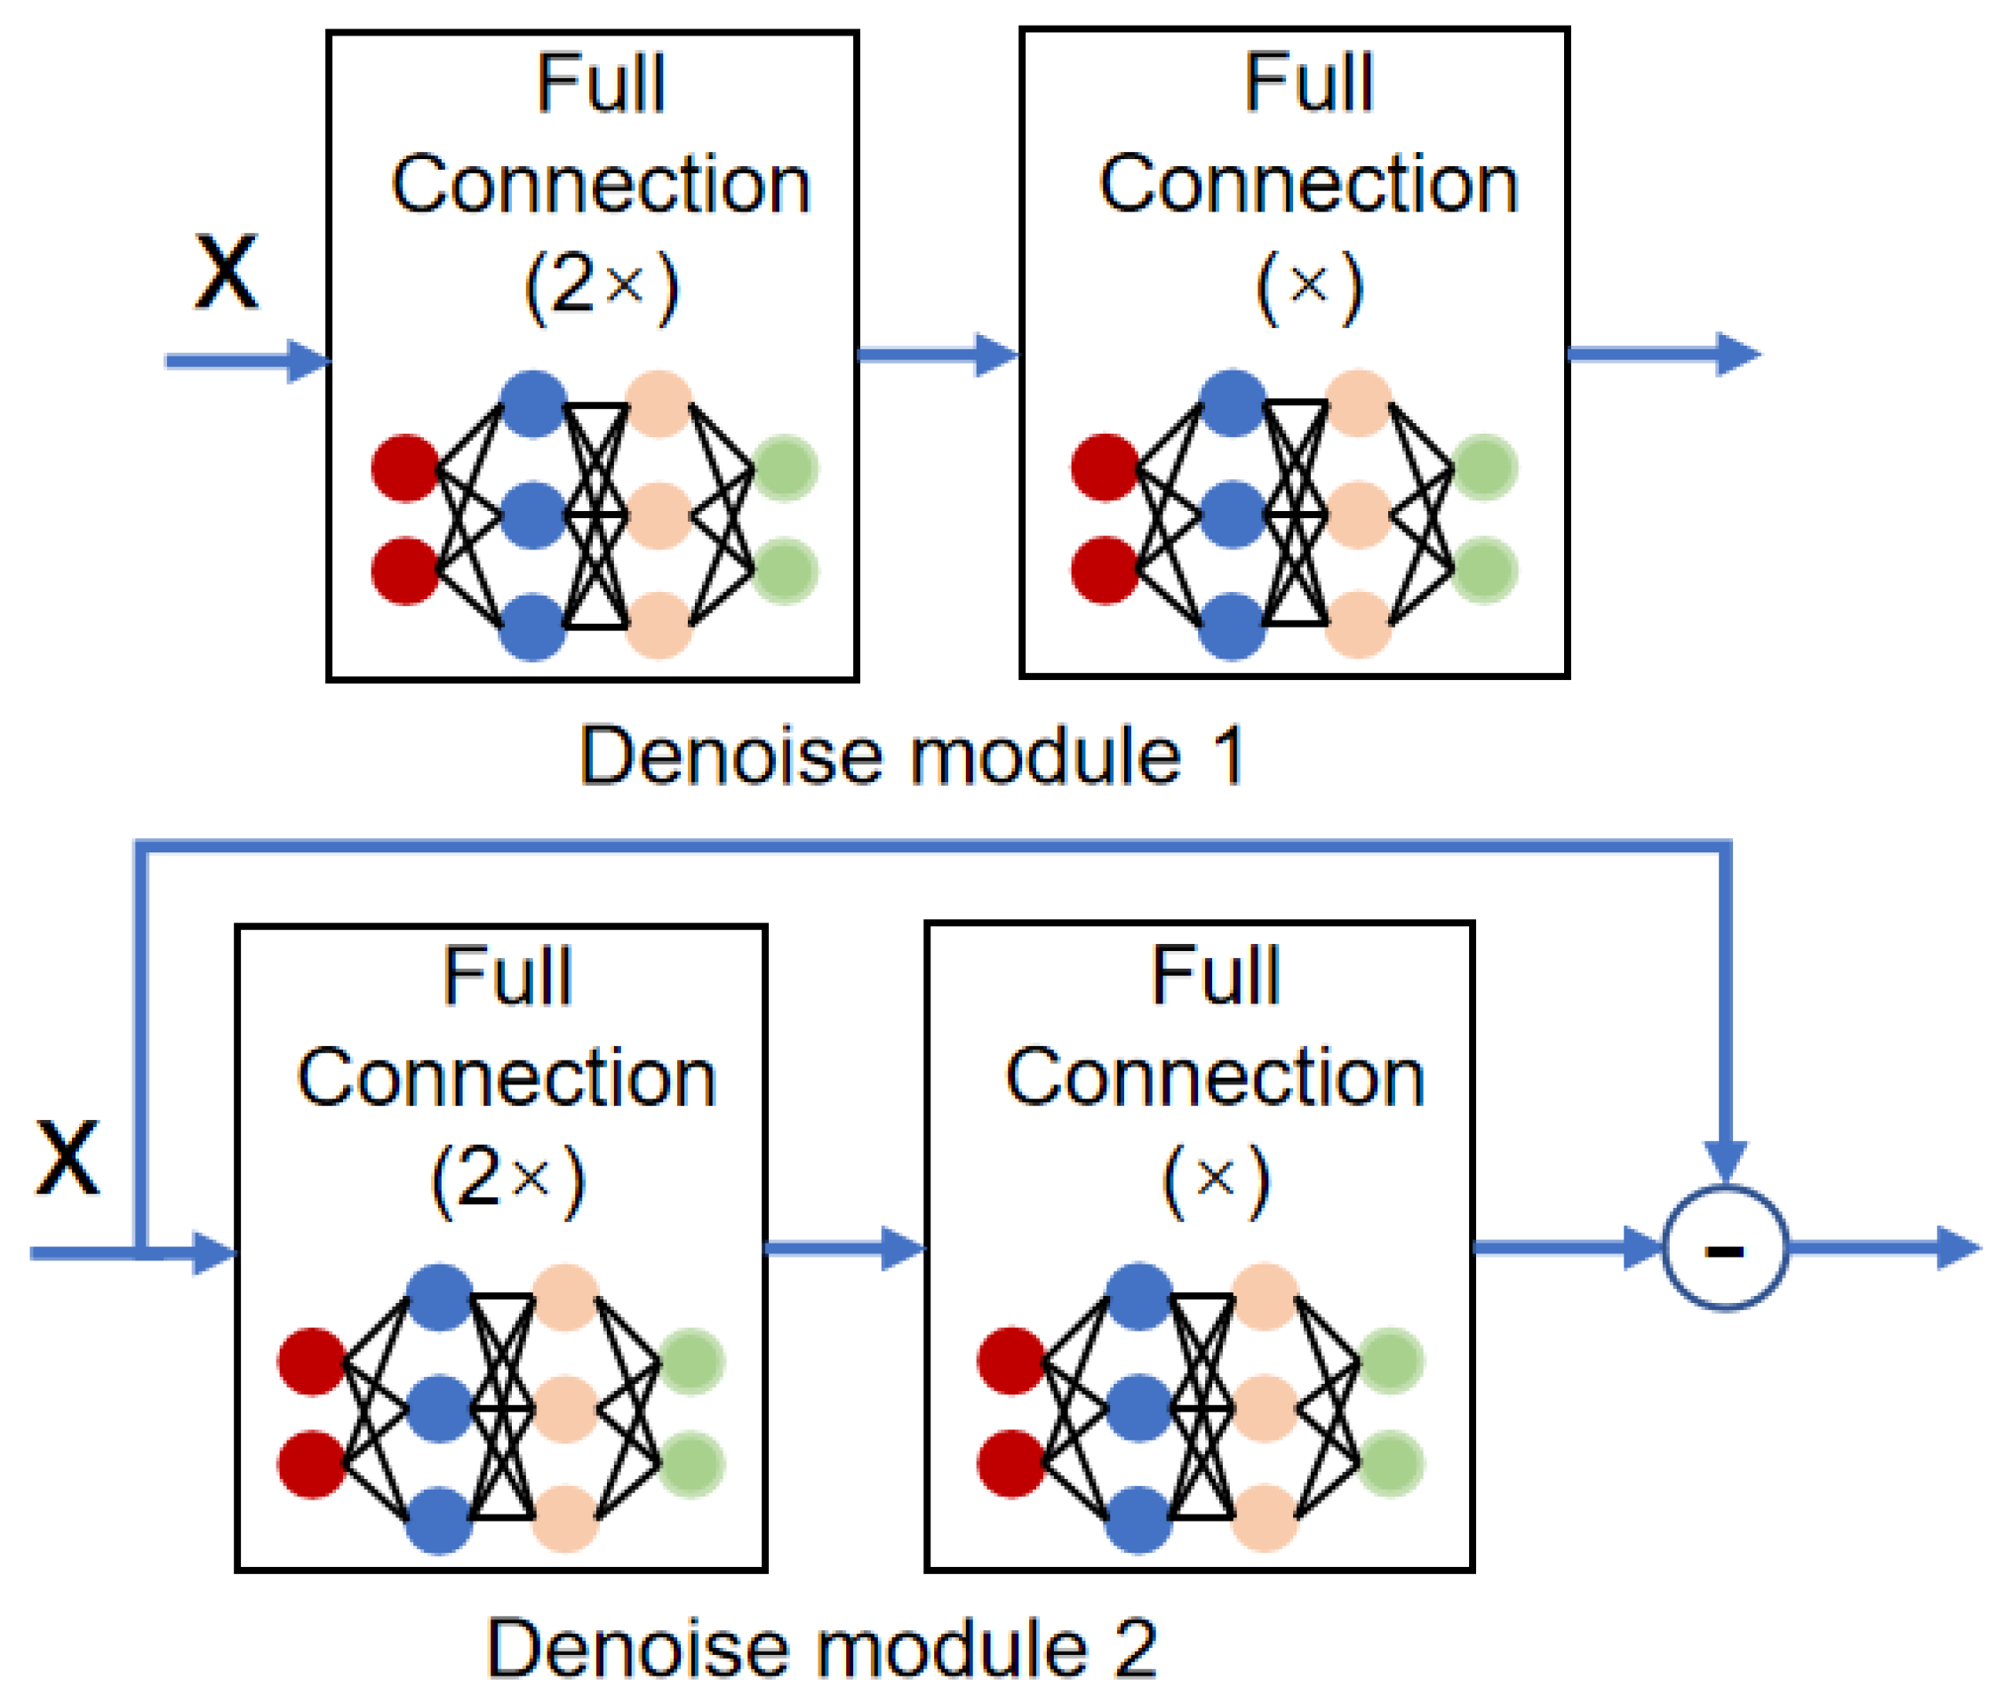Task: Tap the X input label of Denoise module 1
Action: pyautogui.click(x=227, y=272)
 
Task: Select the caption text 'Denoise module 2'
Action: pyautogui.click(x=821, y=1649)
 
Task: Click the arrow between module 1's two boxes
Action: pyautogui.click(x=938, y=355)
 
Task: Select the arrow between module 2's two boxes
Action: pyautogui.click(x=845, y=1248)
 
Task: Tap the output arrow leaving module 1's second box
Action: pyautogui.click(x=1664, y=354)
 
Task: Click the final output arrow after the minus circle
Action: pyautogui.click(x=1883, y=1248)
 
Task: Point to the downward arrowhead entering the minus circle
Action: pyautogui.click(x=1724, y=1160)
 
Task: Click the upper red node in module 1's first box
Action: pyautogui.click(x=405, y=468)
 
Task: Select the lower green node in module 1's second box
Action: pyautogui.click(x=1484, y=571)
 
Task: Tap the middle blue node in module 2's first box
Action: pyautogui.click(x=439, y=1409)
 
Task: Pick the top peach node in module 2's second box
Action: pyautogui.click(x=1264, y=1297)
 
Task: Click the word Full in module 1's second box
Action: pyautogui.click(x=1308, y=83)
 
